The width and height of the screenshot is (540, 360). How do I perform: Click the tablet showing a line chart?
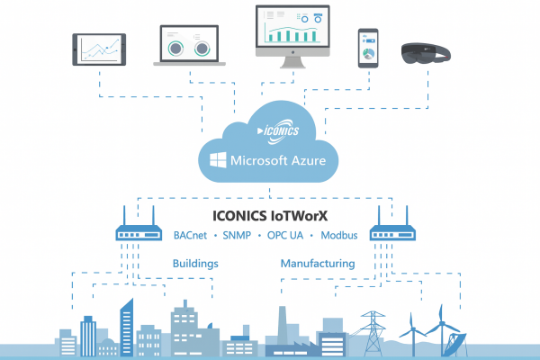99,49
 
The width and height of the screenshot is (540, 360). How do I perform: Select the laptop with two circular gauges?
189,45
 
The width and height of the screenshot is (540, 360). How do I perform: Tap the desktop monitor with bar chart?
292,36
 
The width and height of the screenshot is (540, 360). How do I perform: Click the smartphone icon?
368,48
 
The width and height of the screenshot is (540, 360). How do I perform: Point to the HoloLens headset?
426,53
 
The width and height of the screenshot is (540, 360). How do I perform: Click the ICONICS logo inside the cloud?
278,130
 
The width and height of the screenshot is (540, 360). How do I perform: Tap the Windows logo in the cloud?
218,160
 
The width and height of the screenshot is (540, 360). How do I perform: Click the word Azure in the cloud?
308,160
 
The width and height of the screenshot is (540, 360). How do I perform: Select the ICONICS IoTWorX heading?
270,216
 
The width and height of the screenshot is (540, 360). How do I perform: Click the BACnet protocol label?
190,235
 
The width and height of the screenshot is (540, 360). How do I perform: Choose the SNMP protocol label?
237,235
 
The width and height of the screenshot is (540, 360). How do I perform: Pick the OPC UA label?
285,235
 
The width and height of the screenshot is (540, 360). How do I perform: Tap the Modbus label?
339,235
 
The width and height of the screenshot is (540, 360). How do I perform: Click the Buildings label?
195,264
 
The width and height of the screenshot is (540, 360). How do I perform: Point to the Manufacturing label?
318,264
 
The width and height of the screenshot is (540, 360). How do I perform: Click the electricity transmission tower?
373,333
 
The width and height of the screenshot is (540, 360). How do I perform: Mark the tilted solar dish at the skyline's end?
455,344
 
